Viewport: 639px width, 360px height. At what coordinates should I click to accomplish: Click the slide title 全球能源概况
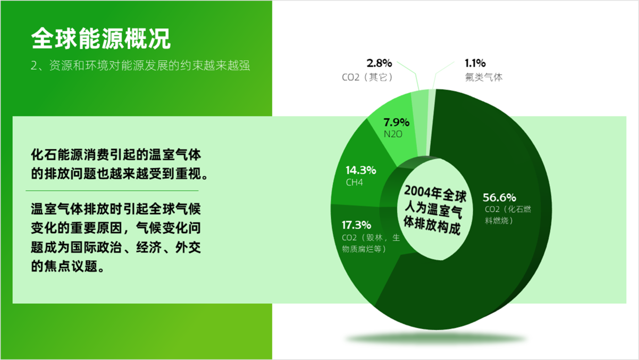pos(100,39)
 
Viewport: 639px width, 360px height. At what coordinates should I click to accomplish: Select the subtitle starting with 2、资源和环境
pos(140,65)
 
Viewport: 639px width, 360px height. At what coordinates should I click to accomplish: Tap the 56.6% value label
pos(499,197)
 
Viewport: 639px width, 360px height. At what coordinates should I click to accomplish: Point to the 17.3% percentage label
pos(356,225)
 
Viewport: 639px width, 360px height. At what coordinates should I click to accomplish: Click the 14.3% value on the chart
pos(361,170)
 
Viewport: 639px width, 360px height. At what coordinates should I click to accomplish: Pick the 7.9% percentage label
pos(396,122)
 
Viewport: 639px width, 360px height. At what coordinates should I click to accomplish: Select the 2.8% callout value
pos(379,63)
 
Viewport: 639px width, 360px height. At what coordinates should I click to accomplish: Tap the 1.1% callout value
pos(475,63)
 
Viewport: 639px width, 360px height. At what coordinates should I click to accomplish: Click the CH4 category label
pos(355,182)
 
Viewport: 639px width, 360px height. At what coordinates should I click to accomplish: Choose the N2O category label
pos(393,134)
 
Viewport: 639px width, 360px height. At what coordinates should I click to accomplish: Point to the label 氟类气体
pos(483,77)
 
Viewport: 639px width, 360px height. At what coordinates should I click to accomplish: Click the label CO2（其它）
pos(367,77)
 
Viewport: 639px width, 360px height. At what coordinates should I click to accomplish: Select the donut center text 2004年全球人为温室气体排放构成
pos(434,210)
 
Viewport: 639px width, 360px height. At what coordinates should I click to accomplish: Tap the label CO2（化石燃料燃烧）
pos(508,215)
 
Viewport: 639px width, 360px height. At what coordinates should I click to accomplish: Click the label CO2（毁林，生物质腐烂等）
pos(371,243)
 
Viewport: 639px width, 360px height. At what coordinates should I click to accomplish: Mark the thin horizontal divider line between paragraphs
pos(112,191)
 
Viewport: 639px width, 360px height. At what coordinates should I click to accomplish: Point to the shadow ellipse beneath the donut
pos(436,339)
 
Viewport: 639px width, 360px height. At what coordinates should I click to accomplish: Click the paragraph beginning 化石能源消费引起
pos(119,164)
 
